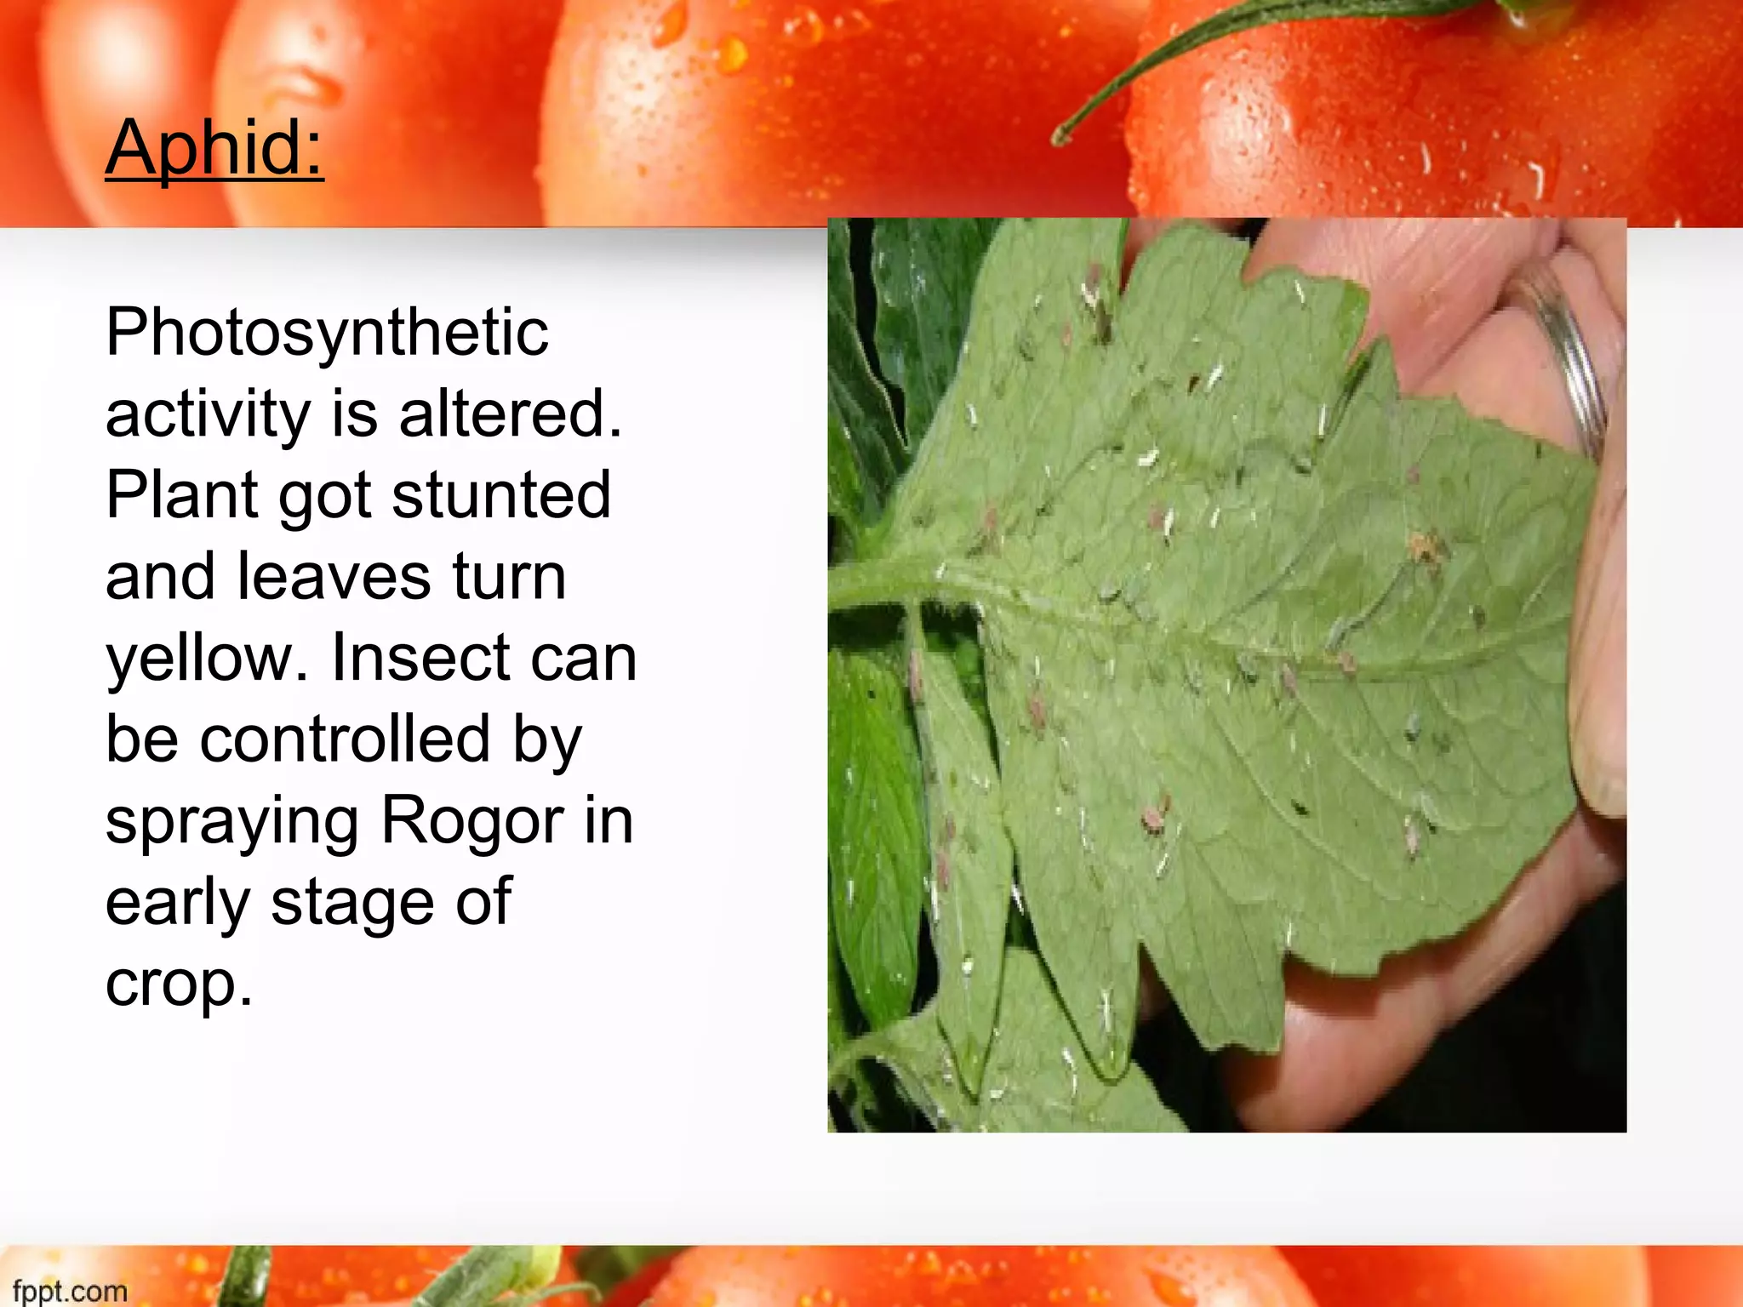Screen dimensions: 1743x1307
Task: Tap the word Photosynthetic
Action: [x=328, y=333]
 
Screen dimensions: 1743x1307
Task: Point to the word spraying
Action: [x=232, y=823]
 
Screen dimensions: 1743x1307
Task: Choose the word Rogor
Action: [x=472, y=823]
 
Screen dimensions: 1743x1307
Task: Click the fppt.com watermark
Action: [x=70, y=1291]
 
